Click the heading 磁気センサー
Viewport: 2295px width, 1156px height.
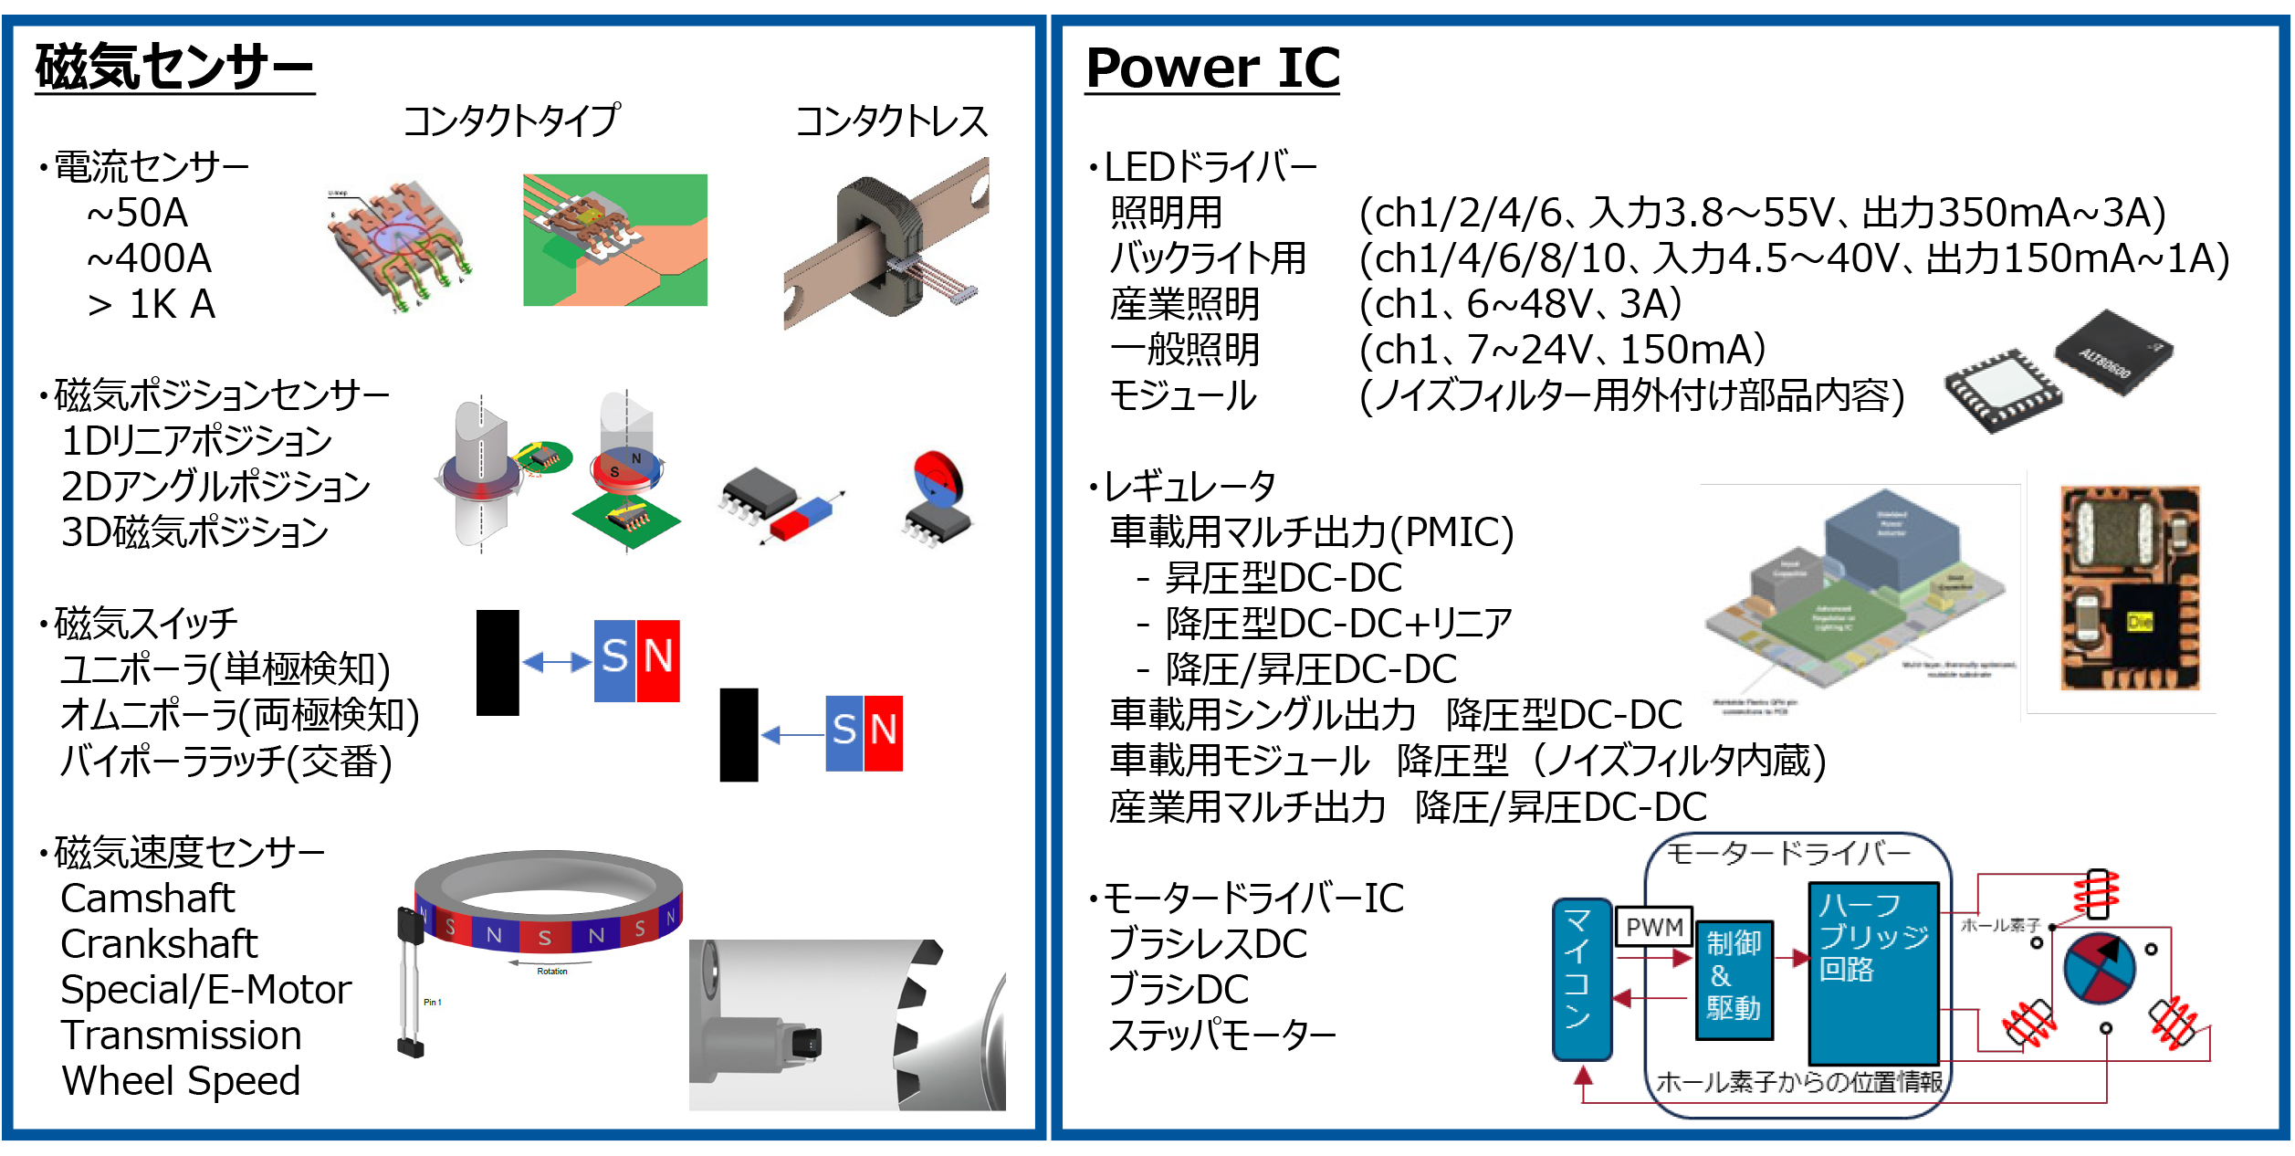tap(174, 67)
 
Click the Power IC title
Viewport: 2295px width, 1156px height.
tap(1212, 68)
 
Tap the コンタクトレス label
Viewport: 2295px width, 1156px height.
tap(891, 121)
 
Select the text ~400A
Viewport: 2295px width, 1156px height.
tap(149, 258)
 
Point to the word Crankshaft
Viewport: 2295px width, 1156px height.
tap(159, 943)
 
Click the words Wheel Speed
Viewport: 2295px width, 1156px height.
tap(181, 1080)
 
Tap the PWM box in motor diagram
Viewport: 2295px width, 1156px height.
tap(1653, 928)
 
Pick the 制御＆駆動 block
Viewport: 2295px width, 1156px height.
tap(1734, 979)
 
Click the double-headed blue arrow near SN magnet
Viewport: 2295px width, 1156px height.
tap(556, 661)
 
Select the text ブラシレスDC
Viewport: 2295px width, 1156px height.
tap(1207, 943)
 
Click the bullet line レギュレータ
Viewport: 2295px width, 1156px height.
tap(1188, 486)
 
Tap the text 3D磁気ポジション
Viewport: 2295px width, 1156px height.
tap(194, 532)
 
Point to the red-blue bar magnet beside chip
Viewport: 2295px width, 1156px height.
tap(802, 519)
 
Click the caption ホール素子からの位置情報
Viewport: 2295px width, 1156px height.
tap(1798, 1082)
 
